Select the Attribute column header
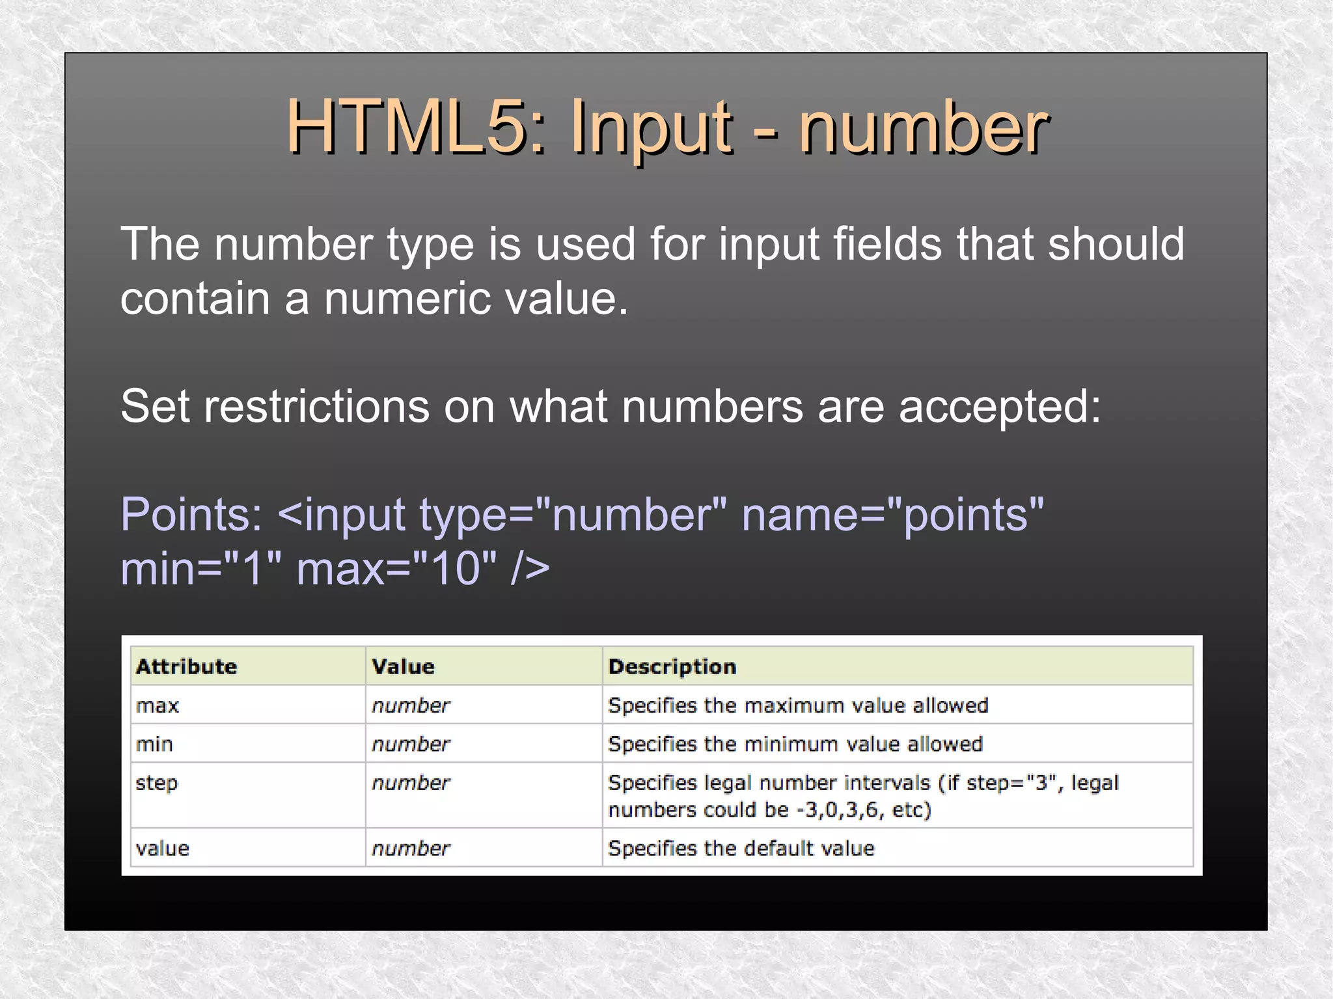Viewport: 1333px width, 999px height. click(186, 666)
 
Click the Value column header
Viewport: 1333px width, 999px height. click(403, 666)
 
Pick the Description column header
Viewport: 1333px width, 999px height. click(672, 666)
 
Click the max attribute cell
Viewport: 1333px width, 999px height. click(158, 705)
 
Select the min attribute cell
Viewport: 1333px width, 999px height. click(154, 744)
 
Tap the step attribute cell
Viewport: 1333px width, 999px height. click(156, 783)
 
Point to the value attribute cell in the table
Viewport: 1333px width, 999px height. click(163, 848)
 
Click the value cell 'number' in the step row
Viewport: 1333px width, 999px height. click(411, 783)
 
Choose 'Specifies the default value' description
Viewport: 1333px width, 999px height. click(741, 848)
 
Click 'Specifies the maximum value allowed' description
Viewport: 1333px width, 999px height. click(798, 705)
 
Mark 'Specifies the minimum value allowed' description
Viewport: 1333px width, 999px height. click(795, 744)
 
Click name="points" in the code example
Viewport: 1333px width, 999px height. click(892, 515)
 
